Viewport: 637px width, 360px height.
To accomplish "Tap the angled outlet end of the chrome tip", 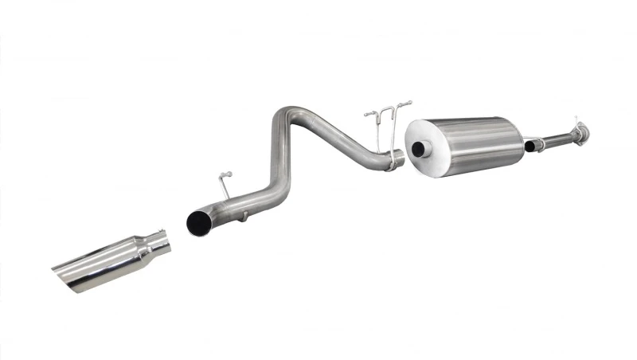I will tap(69, 275).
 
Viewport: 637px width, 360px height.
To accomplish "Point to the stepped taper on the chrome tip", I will tap(143, 249).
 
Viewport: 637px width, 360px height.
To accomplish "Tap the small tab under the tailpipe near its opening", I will tap(244, 215).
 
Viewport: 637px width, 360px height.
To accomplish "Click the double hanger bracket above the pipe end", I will tap(387, 115).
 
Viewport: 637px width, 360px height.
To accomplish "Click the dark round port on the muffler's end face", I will tap(417, 150).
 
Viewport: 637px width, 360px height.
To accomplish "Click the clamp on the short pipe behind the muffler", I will tap(540, 143).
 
